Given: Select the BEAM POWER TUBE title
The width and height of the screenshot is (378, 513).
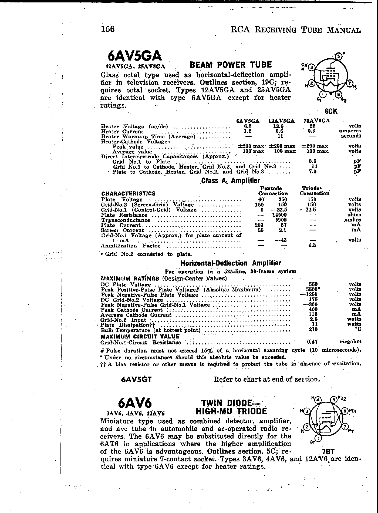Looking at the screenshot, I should tap(231, 65).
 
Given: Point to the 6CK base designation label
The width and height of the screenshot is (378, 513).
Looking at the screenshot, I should tap(331, 111).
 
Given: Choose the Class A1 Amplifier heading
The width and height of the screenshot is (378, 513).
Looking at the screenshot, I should tap(231, 180).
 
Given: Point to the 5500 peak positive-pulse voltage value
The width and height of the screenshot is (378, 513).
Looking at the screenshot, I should tap(313, 289).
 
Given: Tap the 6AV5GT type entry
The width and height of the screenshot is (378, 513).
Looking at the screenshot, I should tap(136, 380).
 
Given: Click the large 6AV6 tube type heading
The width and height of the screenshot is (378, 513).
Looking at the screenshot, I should tap(135, 403).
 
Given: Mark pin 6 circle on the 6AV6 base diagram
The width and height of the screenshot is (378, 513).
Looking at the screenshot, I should tap(345, 411).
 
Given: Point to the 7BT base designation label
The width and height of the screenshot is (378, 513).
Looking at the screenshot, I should tap(328, 452).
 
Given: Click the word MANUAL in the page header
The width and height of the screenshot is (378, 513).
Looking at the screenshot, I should tap(343, 30).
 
